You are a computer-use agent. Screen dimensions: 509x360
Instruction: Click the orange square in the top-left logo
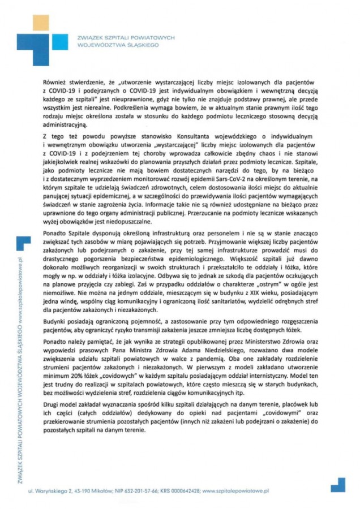coord(41,22)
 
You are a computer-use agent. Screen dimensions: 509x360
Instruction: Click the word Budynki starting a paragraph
coord(54,322)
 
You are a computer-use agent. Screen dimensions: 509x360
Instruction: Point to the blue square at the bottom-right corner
coord(337,485)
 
